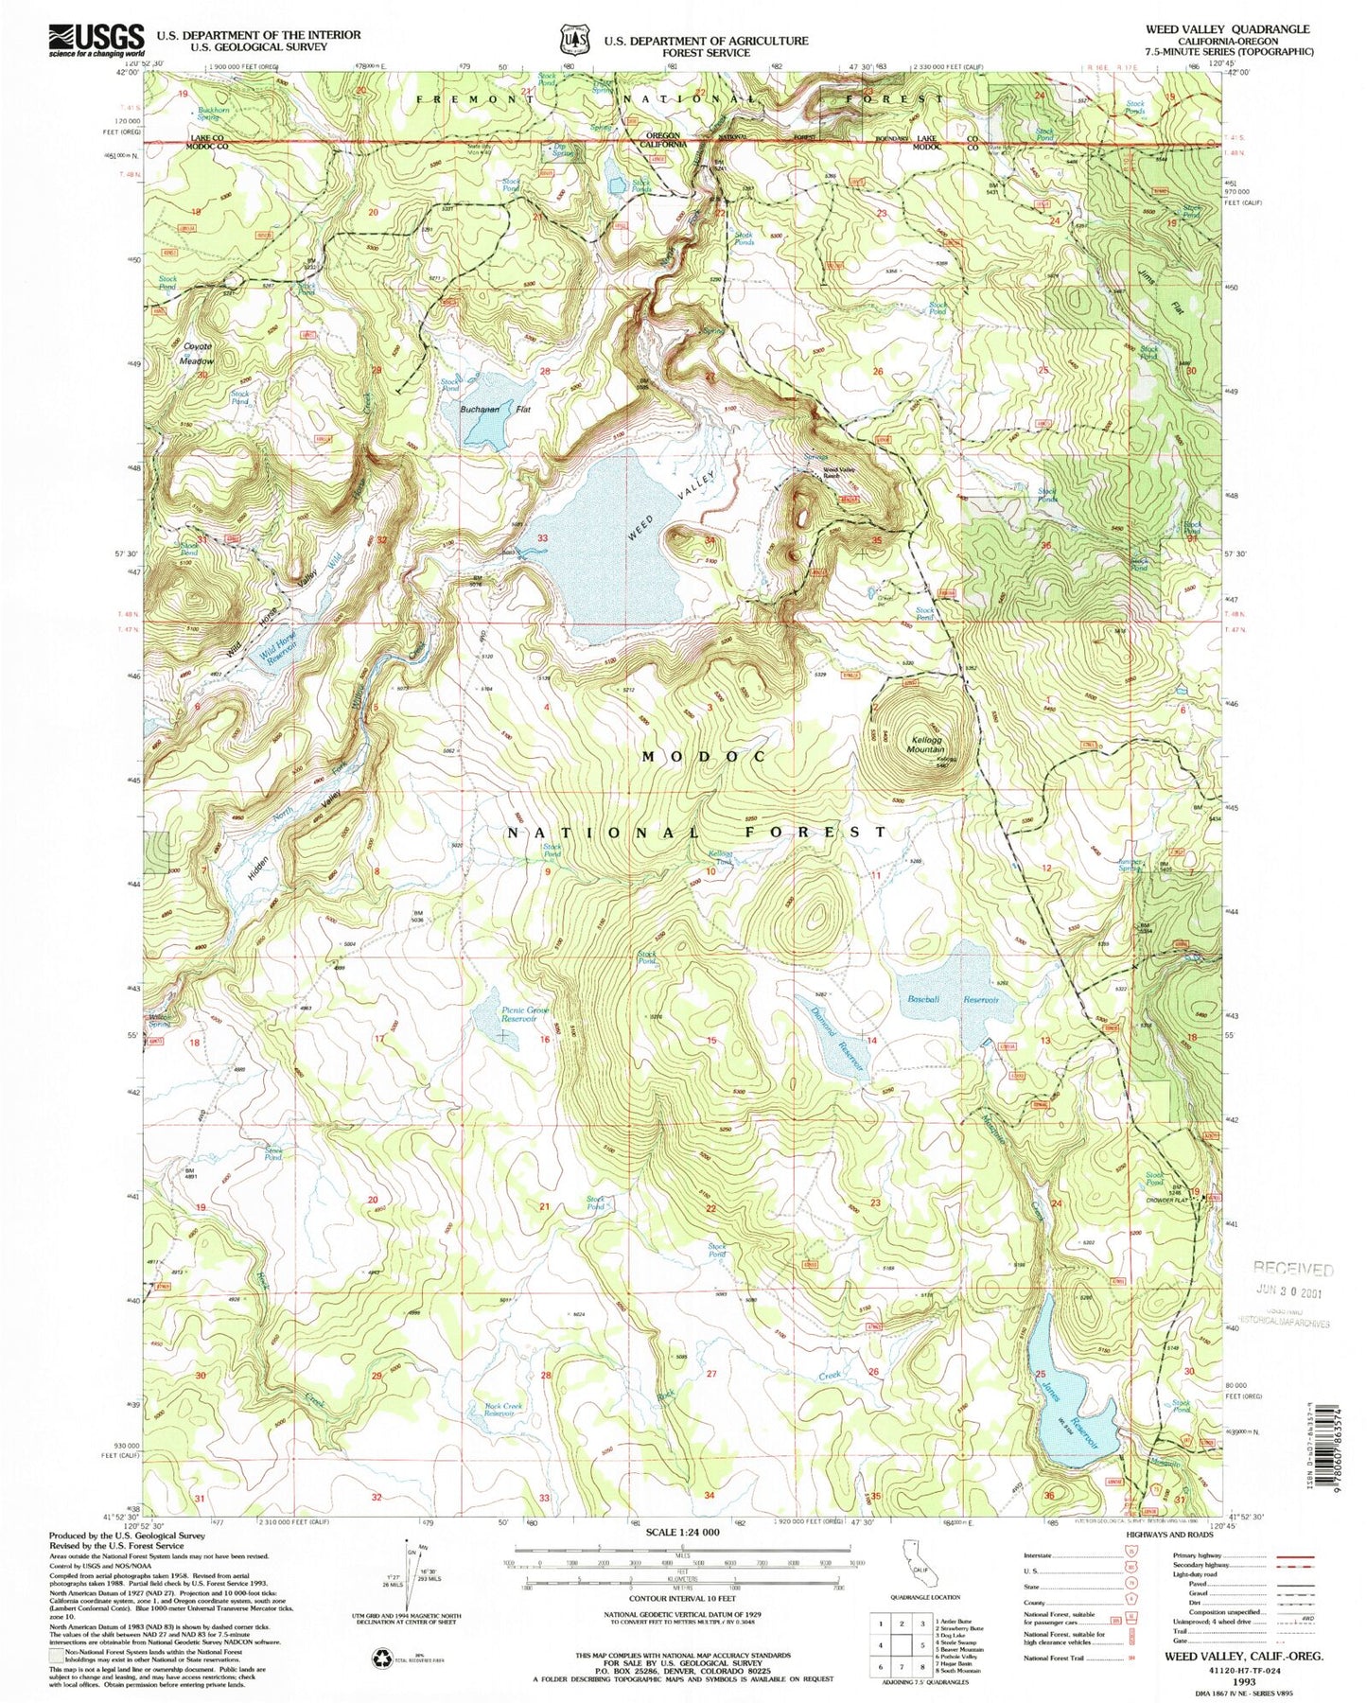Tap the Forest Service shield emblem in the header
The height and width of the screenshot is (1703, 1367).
pos(572,41)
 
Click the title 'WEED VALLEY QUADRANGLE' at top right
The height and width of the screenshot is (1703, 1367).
pos(1227,29)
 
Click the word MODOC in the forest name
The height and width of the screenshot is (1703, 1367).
pos(702,757)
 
